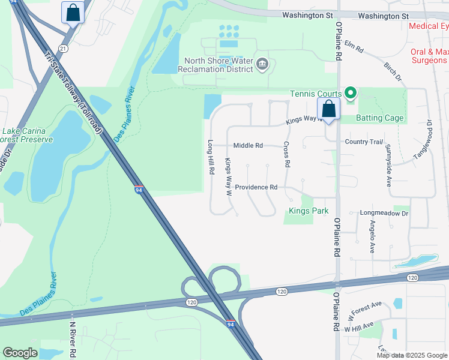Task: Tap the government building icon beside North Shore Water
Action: click(262, 64)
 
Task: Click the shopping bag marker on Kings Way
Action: click(328, 109)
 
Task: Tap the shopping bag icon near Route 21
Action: click(73, 12)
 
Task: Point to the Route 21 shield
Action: click(62, 49)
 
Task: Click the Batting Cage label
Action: click(379, 118)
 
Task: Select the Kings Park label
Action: click(309, 211)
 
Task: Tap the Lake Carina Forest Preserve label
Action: click(27, 136)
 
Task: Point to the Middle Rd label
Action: click(248, 145)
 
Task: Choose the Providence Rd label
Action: click(256, 187)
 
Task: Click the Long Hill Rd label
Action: click(211, 157)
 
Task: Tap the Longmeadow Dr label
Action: click(384, 213)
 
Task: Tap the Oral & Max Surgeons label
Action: click(429, 56)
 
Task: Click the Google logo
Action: click(20, 353)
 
